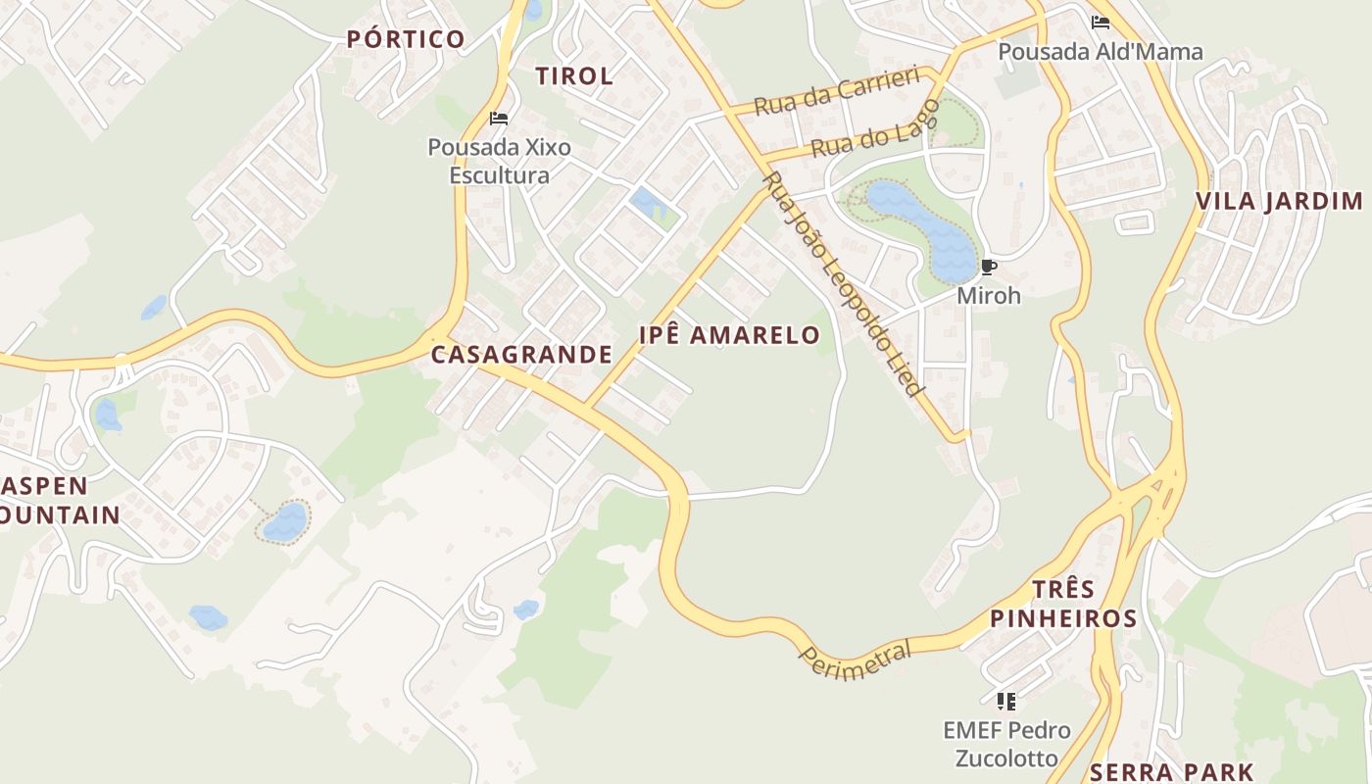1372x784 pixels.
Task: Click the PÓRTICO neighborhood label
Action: tap(406, 39)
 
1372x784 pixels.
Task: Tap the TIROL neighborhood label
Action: tap(574, 75)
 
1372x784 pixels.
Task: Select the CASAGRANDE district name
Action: tap(521, 355)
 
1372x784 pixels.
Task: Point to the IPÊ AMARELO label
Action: tap(729, 335)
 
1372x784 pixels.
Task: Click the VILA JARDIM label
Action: tap(1279, 202)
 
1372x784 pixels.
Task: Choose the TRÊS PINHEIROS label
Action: tap(1063, 604)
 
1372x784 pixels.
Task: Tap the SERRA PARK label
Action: tap(1171, 772)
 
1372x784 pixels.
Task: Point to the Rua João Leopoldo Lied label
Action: tap(844, 284)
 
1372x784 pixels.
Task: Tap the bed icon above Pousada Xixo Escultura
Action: tap(499, 120)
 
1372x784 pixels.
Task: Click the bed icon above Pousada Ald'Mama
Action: tap(1100, 23)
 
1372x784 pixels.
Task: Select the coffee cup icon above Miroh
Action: tap(989, 268)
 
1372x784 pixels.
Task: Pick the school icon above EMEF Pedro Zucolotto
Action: tap(1005, 701)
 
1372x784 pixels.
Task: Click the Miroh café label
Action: tap(989, 295)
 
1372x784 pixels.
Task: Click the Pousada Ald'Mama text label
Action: tap(1100, 52)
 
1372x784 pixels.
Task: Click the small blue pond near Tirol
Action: tap(649, 204)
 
